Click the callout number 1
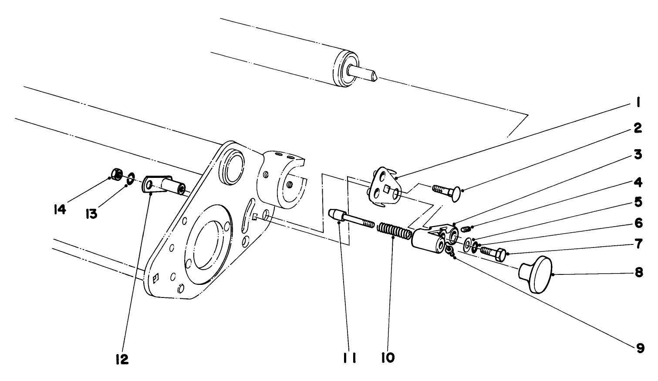pyautogui.click(x=638, y=103)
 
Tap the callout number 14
pyautogui.click(x=60, y=210)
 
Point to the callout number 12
pyautogui.click(x=122, y=359)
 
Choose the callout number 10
pyautogui.click(x=388, y=358)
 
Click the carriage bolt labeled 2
pyautogui.click(x=447, y=192)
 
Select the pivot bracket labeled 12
pyautogui.click(x=163, y=184)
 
